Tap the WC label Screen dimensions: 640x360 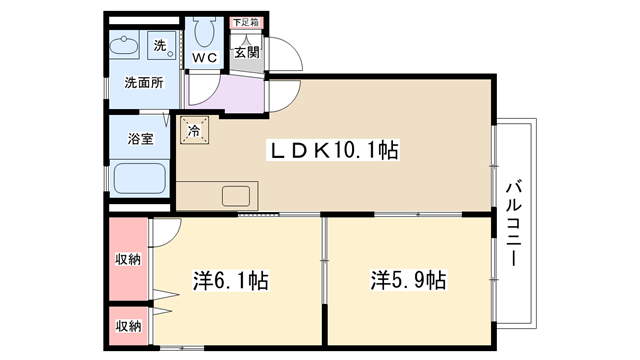[204, 58]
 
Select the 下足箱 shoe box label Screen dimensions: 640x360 [246, 22]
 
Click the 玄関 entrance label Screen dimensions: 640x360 [247, 52]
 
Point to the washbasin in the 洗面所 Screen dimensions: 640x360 [124, 45]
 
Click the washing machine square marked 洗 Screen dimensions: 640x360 [162, 45]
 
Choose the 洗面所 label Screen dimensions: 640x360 [144, 83]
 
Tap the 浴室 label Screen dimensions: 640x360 [140, 139]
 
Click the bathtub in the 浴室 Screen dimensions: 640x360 [139, 178]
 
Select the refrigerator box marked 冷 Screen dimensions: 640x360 [194, 130]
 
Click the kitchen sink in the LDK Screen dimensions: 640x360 [236, 196]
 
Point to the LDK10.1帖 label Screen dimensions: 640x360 [333, 150]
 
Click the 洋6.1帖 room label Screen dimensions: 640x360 [231, 280]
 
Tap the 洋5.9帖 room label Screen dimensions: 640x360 [408, 280]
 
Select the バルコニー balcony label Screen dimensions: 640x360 [514, 223]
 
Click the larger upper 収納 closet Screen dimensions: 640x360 [128, 259]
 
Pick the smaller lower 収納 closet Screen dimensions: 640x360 [128, 326]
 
